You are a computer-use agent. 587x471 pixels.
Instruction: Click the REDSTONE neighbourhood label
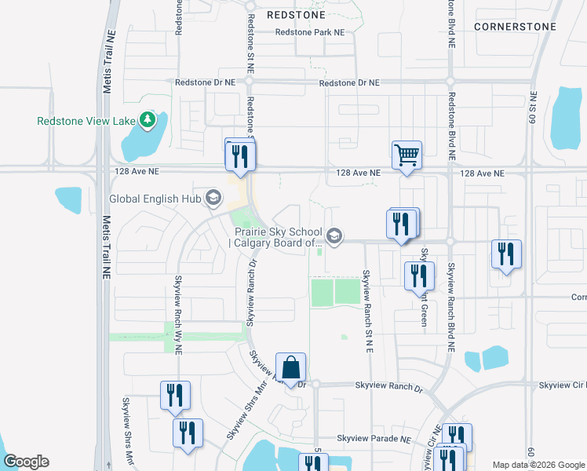[x=296, y=14]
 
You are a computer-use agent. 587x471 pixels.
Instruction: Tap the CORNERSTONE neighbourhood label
[x=516, y=27]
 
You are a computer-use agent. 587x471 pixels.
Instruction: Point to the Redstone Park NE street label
[x=309, y=32]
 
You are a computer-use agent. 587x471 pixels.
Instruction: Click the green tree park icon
[x=147, y=120]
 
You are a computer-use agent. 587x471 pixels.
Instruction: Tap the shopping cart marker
[x=407, y=154]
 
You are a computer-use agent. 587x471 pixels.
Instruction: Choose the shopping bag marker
[x=290, y=367]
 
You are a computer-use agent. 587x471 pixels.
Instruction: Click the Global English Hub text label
[x=155, y=199]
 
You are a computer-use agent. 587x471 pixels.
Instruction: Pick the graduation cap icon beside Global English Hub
[x=212, y=198]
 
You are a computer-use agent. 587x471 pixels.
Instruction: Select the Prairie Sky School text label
[x=276, y=237]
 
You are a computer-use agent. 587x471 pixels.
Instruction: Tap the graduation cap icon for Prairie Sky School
[x=334, y=235]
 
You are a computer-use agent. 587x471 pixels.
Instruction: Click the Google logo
[x=26, y=462]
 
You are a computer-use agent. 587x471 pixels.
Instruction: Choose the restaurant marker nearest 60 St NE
[x=506, y=254]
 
